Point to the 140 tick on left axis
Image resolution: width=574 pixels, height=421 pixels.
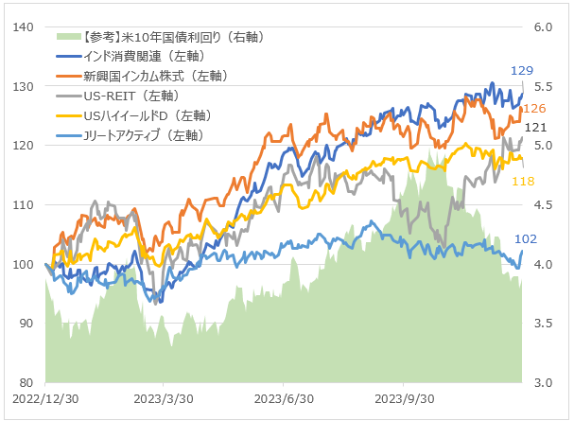click(24, 27)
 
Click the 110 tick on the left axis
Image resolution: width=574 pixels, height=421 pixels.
click(24, 204)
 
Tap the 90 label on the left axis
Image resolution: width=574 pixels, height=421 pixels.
click(26, 324)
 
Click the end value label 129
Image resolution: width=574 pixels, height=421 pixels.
click(522, 71)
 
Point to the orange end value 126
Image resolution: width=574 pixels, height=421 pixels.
click(534, 109)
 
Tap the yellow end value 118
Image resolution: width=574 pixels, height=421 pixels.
click(522, 181)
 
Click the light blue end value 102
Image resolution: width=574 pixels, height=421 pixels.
click(526, 240)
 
